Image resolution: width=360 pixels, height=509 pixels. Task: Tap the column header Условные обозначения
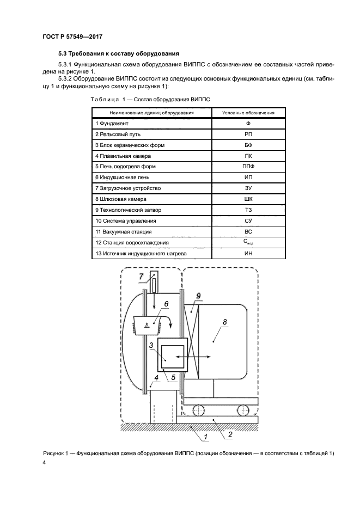point(248,113)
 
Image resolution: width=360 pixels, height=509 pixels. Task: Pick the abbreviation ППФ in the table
point(248,167)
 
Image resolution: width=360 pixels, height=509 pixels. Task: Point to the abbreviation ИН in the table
point(248,253)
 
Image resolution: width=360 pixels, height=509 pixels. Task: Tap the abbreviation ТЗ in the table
point(248,210)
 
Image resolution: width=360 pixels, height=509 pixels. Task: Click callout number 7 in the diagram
point(141,277)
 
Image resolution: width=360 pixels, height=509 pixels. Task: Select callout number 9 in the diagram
point(199,296)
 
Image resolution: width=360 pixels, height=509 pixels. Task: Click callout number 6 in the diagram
point(167,305)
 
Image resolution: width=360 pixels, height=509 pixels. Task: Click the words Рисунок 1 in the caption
point(57,453)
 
